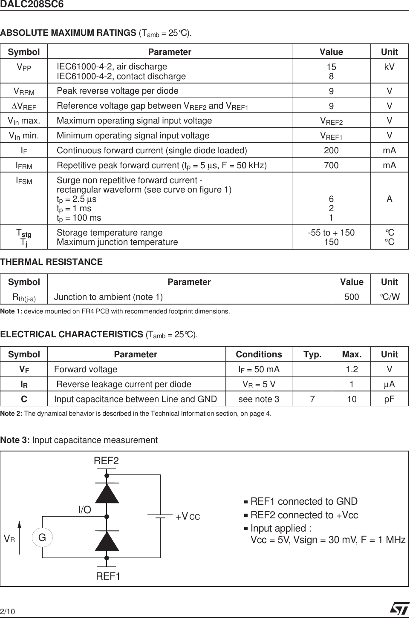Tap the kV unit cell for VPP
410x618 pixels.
coord(389,67)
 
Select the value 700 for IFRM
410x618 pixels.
coord(331,165)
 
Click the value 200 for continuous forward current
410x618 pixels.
coord(331,150)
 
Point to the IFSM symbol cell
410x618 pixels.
coord(24,181)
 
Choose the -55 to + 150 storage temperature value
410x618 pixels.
coord(331,233)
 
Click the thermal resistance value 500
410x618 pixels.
coord(352,297)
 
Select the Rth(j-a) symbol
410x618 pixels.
coord(24,297)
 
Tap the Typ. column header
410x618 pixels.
coord(312,354)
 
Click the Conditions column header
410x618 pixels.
coord(259,354)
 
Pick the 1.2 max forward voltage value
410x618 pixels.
coord(352,369)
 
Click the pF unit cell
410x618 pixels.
coord(389,399)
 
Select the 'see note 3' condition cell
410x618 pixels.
coord(259,399)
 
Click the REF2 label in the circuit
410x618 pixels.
coord(106,461)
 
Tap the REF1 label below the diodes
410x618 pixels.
coord(108,576)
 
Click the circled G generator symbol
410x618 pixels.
coord(42,538)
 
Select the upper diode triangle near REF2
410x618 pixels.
coord(107,494)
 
